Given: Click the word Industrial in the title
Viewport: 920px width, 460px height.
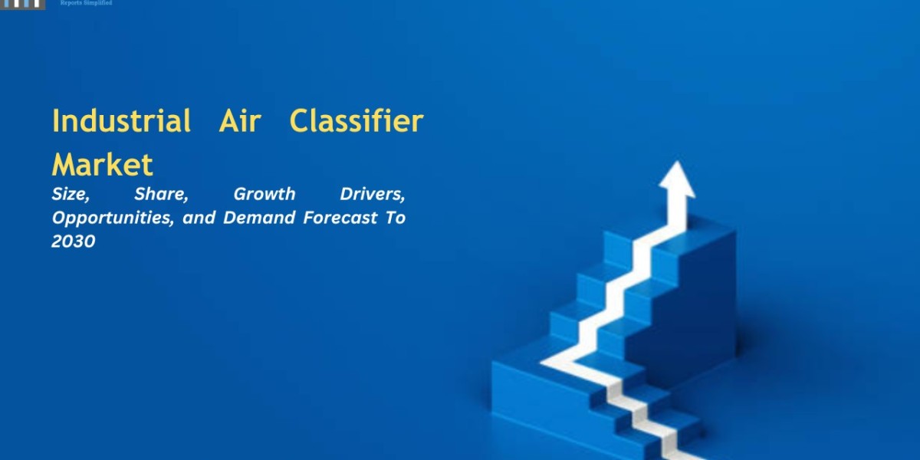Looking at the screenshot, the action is (x=122, y=121).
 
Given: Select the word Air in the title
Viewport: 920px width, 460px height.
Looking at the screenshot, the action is (x=240, y=121).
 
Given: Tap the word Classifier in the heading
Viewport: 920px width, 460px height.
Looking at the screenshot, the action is (x=356, y=121).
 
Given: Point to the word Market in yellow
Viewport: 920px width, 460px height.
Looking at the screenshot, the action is (x=103, y=165).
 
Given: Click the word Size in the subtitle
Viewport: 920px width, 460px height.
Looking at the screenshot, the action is (x=71, y=194).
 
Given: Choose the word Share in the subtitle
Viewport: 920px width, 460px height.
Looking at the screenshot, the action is (x=162, y=194).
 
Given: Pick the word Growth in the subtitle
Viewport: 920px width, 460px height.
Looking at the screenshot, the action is (x=264, y=194).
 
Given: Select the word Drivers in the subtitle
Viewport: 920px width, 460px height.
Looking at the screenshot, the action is (x=373, y=194).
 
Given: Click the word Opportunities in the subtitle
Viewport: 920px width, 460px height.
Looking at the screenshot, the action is (x=113, y=218).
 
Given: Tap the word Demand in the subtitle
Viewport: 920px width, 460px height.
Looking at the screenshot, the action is (x=259, y=218).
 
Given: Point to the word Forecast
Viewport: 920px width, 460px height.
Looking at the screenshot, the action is (x=340, y=218).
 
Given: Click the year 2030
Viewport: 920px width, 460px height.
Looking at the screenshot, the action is (x=74, y=242).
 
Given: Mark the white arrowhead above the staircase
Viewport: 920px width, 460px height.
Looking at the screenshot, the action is (x=677, y=179).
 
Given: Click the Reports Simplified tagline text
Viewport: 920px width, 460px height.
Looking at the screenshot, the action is (x=86, y=3).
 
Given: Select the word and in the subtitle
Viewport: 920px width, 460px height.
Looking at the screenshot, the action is (x=199, y=218).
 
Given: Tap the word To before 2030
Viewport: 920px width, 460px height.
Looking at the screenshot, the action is (x=396, y=218).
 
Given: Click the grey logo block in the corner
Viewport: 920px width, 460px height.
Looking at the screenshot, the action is (x=22, y=5).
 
